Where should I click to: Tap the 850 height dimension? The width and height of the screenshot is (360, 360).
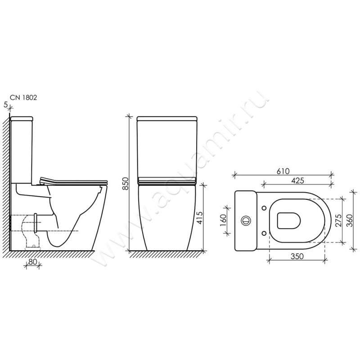(126, 183)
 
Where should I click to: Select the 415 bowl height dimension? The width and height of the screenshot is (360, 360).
(199, 218)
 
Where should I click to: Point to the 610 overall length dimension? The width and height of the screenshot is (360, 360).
(283, 171)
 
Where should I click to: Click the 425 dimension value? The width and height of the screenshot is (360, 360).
(297, 180)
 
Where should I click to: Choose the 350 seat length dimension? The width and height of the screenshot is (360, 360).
(297, 256)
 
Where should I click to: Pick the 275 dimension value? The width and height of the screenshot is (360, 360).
(338, 220)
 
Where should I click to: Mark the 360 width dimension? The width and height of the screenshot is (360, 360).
(349, 220)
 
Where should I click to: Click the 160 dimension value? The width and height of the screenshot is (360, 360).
(223, 220)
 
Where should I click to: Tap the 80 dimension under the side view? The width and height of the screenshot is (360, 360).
(33, 261)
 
